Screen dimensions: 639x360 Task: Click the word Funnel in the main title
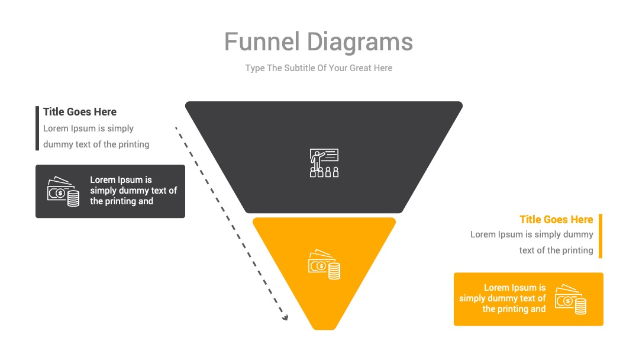(x=262, y=41)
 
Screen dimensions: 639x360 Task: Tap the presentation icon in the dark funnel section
(x=324, y=163)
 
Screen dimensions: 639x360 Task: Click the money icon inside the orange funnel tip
(x=324, y=264)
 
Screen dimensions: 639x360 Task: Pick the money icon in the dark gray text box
(x=63, y=191)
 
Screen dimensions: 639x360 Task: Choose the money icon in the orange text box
(x=570, y=299)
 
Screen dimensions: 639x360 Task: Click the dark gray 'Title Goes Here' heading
(x=80, y=112)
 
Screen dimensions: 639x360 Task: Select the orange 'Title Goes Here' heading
(x=556, y=219)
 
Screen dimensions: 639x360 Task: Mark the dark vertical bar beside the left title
(x=37, y=128)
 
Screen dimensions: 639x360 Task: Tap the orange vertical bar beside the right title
(x=601, y=236)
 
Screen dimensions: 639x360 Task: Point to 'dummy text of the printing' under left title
(x=96, y=144)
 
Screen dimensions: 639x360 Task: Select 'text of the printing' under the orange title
(x=556, y=250)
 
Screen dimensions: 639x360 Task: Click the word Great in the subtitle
(x=360, y=67)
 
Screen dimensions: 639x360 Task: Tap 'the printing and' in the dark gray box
(x=121, y=201)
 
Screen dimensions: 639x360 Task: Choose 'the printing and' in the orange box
(x=514, y=309)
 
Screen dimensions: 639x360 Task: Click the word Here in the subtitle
(x=383, y=67)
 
